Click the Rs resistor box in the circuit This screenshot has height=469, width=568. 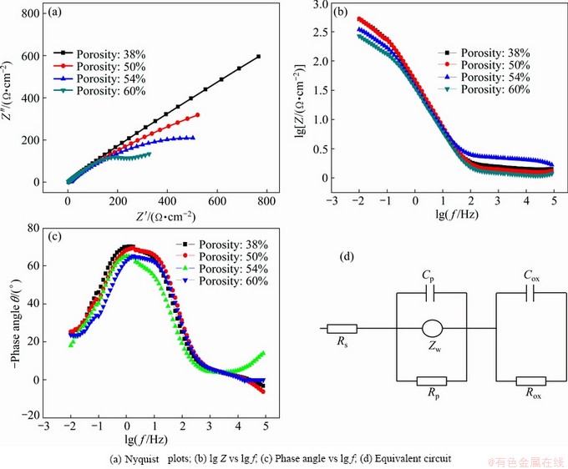[343, 329]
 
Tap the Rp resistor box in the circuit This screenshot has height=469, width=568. [431, 381]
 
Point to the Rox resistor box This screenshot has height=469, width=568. [531, 381]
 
